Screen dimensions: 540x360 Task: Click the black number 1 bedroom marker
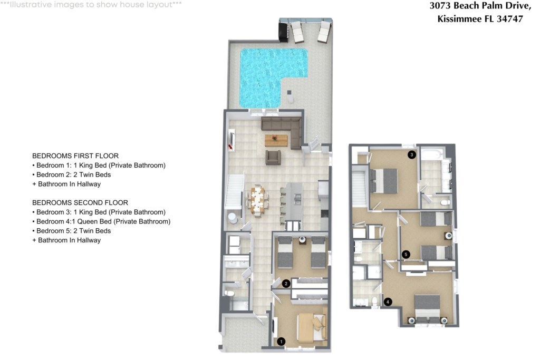click(281, 342)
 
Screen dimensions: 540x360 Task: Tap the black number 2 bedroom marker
click(286, 284)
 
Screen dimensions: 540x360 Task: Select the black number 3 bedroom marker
click(411, 155)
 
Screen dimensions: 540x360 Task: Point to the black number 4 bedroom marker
click(388, 302)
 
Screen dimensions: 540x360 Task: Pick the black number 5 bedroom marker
click(406, 255)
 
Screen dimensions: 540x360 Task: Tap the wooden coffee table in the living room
click(276, 140)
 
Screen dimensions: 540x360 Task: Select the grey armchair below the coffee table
click(273, 157)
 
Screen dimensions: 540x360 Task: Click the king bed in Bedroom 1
click(312, 328)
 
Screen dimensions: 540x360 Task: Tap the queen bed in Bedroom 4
click(427, 309)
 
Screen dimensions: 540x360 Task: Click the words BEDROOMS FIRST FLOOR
click(75, 156)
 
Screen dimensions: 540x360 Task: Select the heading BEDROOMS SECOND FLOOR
click(80, 203)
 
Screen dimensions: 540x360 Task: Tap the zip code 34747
click(510, 19)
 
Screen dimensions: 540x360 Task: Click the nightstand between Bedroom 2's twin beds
click(302, 239)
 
